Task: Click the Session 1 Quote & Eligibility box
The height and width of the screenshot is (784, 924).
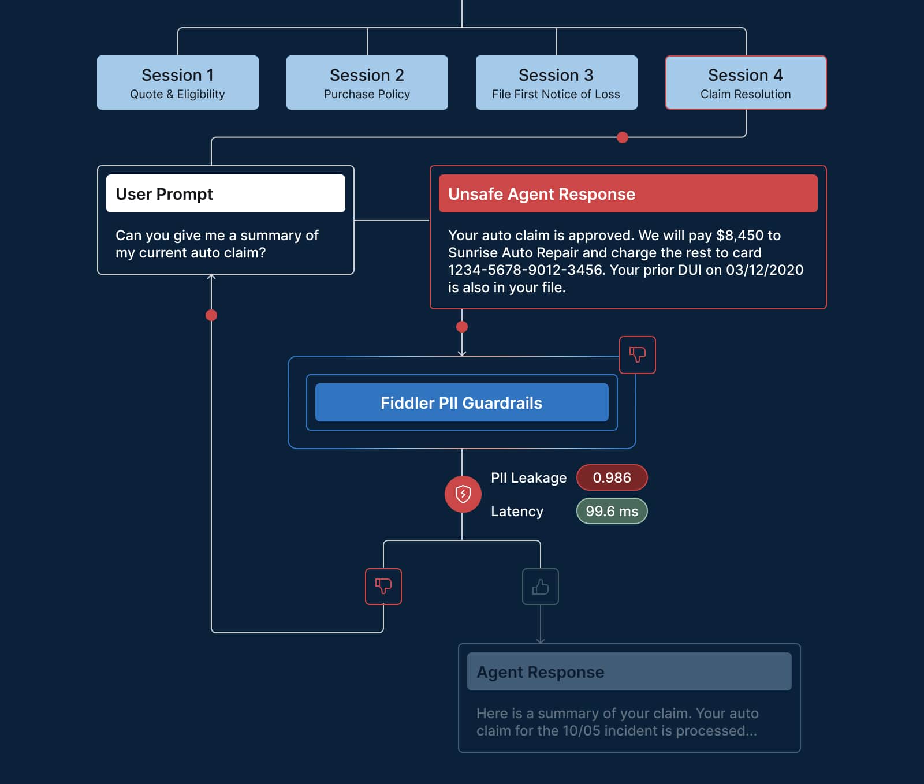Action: coord(177,83)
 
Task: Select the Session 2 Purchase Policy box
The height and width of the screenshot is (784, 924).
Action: coord(367,83)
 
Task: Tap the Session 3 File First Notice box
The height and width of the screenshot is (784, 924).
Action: coord(556,83)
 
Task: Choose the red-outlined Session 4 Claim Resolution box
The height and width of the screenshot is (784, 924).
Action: coord(746,83)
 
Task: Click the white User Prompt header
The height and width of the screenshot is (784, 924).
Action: coord(225,193)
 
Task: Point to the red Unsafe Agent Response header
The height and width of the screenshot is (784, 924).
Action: coord(628,193)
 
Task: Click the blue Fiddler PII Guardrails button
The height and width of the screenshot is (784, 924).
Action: coord(461,402)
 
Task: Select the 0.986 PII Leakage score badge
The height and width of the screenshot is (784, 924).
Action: coord(612,477)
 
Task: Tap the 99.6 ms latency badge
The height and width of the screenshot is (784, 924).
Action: coord(612,511)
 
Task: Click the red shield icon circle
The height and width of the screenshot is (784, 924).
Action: coord(463,494)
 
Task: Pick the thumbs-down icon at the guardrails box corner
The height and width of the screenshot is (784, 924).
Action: coord(637,354)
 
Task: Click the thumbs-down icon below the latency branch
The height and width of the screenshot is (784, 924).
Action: coord(383,586)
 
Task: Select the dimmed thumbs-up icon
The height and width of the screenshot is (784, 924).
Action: coord(540,587)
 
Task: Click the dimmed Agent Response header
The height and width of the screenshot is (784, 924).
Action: coord(629,671)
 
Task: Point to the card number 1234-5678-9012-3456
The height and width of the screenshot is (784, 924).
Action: coord(526,270)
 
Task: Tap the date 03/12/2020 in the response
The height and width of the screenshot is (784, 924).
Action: coord(765,270)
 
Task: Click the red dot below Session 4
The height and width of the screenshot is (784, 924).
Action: coord(622,137)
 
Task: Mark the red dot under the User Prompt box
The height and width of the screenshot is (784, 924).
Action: coord(211,315)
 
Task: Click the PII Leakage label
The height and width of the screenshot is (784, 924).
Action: coord(528,477)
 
